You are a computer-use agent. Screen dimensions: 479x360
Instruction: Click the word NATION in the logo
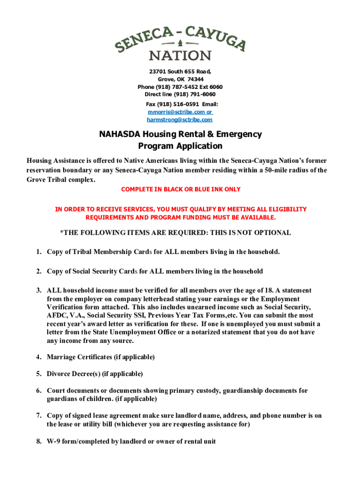pos(180,56)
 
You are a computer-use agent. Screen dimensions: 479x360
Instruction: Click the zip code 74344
pos(195,80)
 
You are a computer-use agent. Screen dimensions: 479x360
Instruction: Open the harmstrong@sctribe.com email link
pos(180,120)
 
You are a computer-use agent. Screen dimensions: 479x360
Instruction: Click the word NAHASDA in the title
pos(120,135)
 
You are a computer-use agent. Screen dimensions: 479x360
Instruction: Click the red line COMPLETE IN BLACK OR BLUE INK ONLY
pos(180,189)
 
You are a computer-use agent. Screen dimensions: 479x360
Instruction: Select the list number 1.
pos(38,252)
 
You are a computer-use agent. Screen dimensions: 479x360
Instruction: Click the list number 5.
pos(38,374)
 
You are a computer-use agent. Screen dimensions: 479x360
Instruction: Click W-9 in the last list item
pos(54,442)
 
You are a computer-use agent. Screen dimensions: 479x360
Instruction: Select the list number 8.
pos(38,442)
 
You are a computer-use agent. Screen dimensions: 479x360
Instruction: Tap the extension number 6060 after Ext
pos(215,87)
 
